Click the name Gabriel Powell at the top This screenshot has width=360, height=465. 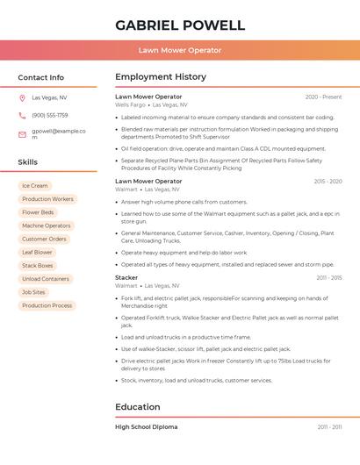(x=180, y=25)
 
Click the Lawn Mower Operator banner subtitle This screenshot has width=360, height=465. (x=180, y=51)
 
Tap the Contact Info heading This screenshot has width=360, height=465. (x=41, y=77)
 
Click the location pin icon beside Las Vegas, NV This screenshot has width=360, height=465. (x=22, y=98)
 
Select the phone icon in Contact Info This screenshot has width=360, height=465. (x=22, y=115)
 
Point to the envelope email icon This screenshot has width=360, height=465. (x=22, y=134)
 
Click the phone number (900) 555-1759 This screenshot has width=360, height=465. (x=50, y=115)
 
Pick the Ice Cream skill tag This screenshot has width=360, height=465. (x=35, y=186)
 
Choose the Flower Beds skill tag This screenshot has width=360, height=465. (x=38, y=212)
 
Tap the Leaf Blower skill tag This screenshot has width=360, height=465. (x=38, y=253)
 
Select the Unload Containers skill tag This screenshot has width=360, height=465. (x=46, y=279)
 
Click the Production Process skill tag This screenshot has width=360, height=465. (x=47, y=305)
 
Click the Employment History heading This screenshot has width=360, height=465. (x=161, y=77)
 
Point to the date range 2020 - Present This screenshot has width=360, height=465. (x=323, y=97)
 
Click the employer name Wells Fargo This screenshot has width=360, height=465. (x=130, y=104)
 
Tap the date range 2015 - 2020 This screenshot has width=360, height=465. (x=328, y=182)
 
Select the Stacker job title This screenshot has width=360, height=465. (x=126, y=277)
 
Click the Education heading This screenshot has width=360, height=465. (x=138, y=407)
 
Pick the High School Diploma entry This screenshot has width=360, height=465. (x=146, y=426)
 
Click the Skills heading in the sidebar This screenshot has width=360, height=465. (x=28, y=162)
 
